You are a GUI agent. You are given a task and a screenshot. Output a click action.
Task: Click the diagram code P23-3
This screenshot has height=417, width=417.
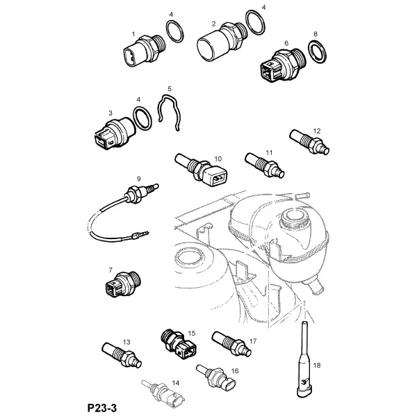102,408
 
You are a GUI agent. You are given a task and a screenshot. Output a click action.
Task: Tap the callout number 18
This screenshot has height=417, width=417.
317,366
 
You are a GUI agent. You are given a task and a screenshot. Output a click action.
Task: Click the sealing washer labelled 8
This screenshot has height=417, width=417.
318,51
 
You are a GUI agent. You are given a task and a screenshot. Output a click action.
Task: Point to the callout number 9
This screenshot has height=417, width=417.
138,179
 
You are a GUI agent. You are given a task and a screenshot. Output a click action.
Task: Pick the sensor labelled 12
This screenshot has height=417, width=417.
309,142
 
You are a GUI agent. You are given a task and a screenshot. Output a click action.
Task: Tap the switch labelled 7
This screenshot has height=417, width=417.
123,284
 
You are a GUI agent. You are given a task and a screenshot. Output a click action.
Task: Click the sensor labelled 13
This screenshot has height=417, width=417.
122,355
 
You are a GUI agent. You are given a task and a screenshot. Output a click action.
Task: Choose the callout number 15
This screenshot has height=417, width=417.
192,333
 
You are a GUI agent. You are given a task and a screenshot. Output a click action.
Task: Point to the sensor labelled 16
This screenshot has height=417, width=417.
216,378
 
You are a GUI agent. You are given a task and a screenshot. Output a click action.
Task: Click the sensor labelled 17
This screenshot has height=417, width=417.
231,344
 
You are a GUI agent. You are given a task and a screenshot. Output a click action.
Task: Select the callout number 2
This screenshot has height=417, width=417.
213,24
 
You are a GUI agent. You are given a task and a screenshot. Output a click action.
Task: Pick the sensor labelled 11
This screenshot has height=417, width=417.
265,165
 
